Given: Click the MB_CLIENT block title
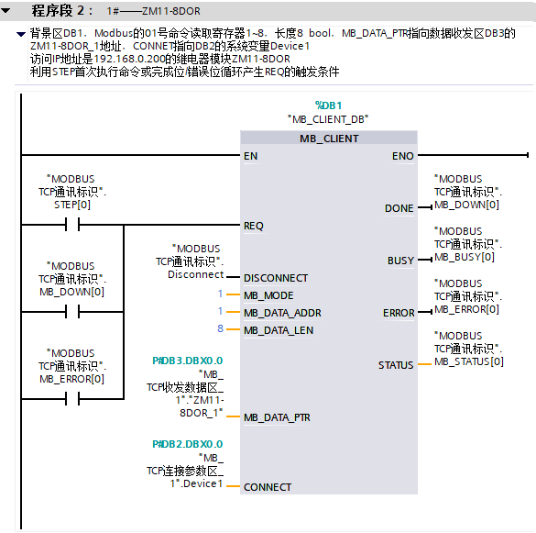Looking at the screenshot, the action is [x=329, y=139].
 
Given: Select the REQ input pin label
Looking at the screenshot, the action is [x=253, y=226].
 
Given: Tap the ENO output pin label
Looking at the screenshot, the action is [x=402, y=156].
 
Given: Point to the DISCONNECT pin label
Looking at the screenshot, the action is [x=276, y=278].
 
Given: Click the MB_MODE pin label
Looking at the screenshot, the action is [x=268, y=295].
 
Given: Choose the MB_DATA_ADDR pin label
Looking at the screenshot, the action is [x=282, y=313].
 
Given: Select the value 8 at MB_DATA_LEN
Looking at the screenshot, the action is [x=220, y=328].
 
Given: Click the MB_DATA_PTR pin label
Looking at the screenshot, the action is [x=277, y=417].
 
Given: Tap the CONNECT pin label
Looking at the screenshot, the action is [x=268, y=487].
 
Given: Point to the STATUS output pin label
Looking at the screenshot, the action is [x=396, y=365].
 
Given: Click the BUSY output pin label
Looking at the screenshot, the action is [x=400, y=261].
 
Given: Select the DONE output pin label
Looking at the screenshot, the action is [x=399, y=208].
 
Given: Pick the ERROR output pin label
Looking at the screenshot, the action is [x=399, y=313].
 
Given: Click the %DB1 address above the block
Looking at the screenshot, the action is [x=328, y=105].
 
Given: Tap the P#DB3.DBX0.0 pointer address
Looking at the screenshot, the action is [x=187, y=361].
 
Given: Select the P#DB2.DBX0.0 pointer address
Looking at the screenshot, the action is [x=187, y=444].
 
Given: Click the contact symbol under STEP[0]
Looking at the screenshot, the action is [x=72, y=225].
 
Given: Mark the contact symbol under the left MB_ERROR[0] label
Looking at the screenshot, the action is [x=72, y=399].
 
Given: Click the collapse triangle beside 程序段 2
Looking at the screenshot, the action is [x=5, y=11].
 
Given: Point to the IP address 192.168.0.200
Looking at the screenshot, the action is [x=129, y=59].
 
